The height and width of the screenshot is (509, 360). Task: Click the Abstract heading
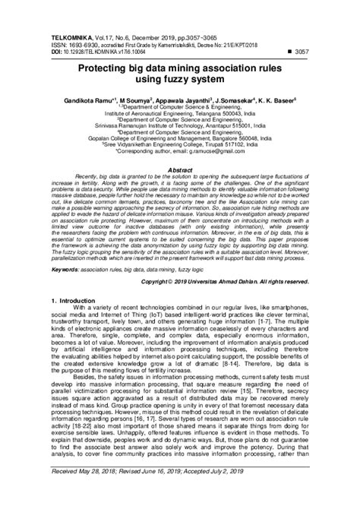tap(180, 171)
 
